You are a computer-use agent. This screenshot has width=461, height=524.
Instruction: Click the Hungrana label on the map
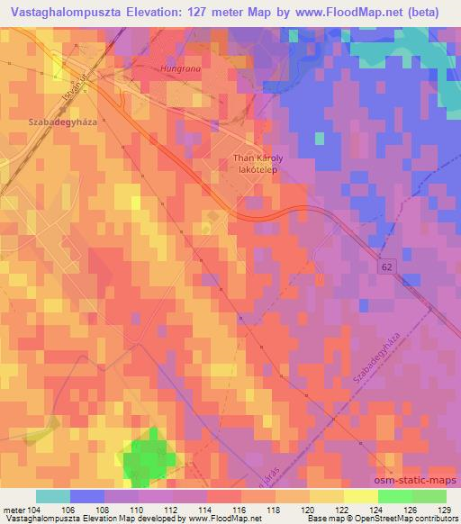(x=177, y=67)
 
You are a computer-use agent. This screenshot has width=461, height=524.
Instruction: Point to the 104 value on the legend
(x=36, y=509)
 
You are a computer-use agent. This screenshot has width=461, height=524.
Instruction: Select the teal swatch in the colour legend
(x=53, y=496)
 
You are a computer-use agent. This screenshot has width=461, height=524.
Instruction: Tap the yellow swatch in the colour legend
(x=361, y=496)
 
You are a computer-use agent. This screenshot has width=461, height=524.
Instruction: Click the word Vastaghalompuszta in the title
(x=54, y=12)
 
